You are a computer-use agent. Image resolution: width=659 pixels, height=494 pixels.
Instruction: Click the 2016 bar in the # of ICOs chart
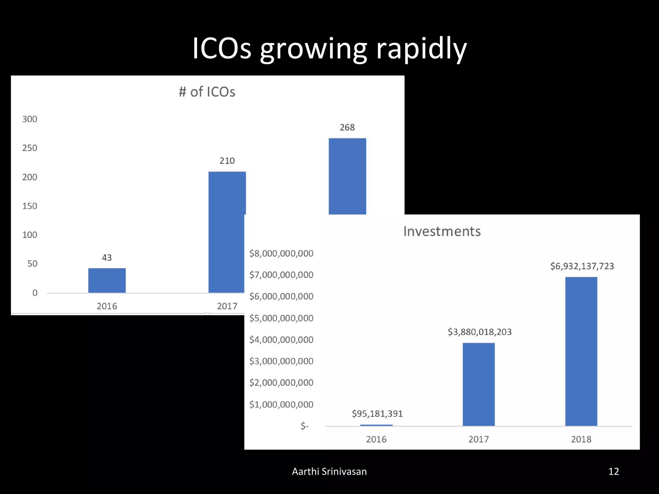[x=107, y=280]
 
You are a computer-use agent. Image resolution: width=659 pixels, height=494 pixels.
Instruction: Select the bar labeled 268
[x=347, y=176]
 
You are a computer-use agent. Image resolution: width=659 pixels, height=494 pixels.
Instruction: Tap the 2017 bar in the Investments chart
[x=478, y=384]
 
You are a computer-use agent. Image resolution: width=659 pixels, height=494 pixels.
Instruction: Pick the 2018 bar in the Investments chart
[x=581, y=351]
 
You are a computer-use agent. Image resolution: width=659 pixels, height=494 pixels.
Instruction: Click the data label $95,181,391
[x=377, y=414]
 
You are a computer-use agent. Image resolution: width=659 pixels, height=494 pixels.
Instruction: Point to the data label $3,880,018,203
[x=479, y=332]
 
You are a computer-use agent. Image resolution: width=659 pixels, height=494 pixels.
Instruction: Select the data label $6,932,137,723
[x=582, y=266]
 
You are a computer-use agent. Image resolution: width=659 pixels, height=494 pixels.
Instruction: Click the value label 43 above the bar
[x=107, y=258]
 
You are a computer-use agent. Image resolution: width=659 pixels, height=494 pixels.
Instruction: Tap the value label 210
[x=227, y=161]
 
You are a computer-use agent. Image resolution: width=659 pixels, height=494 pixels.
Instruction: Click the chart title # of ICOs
[x=207, y=92]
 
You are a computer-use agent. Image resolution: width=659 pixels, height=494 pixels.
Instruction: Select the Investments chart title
[x=442, y=232]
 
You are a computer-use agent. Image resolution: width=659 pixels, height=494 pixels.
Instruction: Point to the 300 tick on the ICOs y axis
[x=30, y=119]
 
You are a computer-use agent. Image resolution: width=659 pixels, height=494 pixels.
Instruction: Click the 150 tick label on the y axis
[x=30, y=206]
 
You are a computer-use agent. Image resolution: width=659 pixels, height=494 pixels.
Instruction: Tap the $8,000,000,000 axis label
[x=281, y=253]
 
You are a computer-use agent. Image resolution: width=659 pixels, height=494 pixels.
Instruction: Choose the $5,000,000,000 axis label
[x=281, y=318]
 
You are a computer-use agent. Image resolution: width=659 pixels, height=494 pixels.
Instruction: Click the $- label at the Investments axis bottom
[x=304, y=426]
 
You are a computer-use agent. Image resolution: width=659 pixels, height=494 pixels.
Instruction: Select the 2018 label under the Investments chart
[x=581, y=439]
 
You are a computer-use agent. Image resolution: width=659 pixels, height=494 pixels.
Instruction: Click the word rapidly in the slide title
[x=421, y=49]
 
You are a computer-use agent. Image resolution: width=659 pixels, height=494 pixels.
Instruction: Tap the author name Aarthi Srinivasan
[x=329, y=471]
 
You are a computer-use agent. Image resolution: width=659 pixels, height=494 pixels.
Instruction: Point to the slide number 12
[x=614, y=471]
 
